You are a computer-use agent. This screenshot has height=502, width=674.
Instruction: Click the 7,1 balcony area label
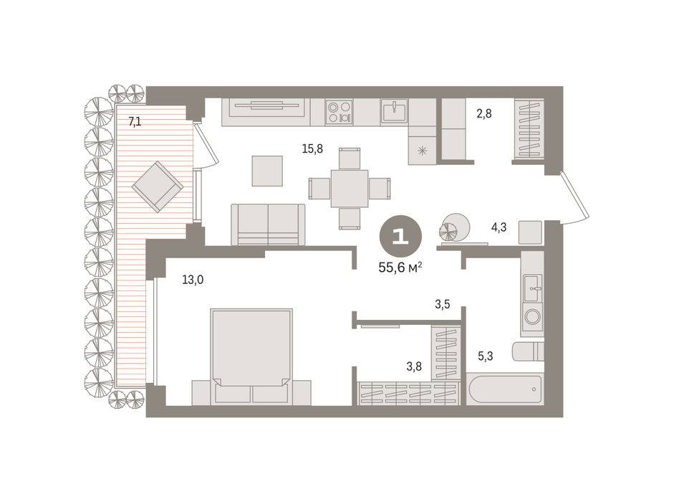point(135,122)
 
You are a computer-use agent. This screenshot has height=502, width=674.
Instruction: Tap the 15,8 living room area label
point(312,149)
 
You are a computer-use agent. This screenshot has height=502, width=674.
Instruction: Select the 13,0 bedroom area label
point(193,280)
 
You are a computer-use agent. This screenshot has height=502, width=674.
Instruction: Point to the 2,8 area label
point(484,113)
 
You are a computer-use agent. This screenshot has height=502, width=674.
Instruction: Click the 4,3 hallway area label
point(499,227)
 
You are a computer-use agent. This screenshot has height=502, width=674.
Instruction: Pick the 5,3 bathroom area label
point(486,356)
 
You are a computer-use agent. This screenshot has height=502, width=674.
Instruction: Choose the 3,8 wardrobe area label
point(414,366)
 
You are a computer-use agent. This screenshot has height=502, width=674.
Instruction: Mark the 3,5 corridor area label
point(443,304)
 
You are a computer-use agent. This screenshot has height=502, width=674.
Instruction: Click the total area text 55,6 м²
point(400,267)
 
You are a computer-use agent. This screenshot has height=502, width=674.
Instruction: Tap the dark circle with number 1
point(400,237)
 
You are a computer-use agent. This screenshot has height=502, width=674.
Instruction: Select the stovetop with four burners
point(340,112)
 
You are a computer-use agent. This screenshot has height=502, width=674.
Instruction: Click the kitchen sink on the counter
point(394,111)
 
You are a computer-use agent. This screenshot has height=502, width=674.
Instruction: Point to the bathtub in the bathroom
point(505,389)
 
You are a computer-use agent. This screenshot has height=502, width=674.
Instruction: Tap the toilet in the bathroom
point(528,351)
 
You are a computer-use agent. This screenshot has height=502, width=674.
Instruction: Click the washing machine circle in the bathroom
point(533,317)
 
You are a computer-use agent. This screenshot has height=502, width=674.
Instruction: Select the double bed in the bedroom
point(251,357)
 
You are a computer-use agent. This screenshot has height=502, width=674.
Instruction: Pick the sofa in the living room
point(268,224)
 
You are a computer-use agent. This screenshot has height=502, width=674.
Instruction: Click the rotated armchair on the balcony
point(158,187)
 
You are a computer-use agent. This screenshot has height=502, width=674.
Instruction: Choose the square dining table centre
point(350,189)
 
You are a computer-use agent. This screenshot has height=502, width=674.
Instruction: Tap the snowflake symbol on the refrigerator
point(423,151)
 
